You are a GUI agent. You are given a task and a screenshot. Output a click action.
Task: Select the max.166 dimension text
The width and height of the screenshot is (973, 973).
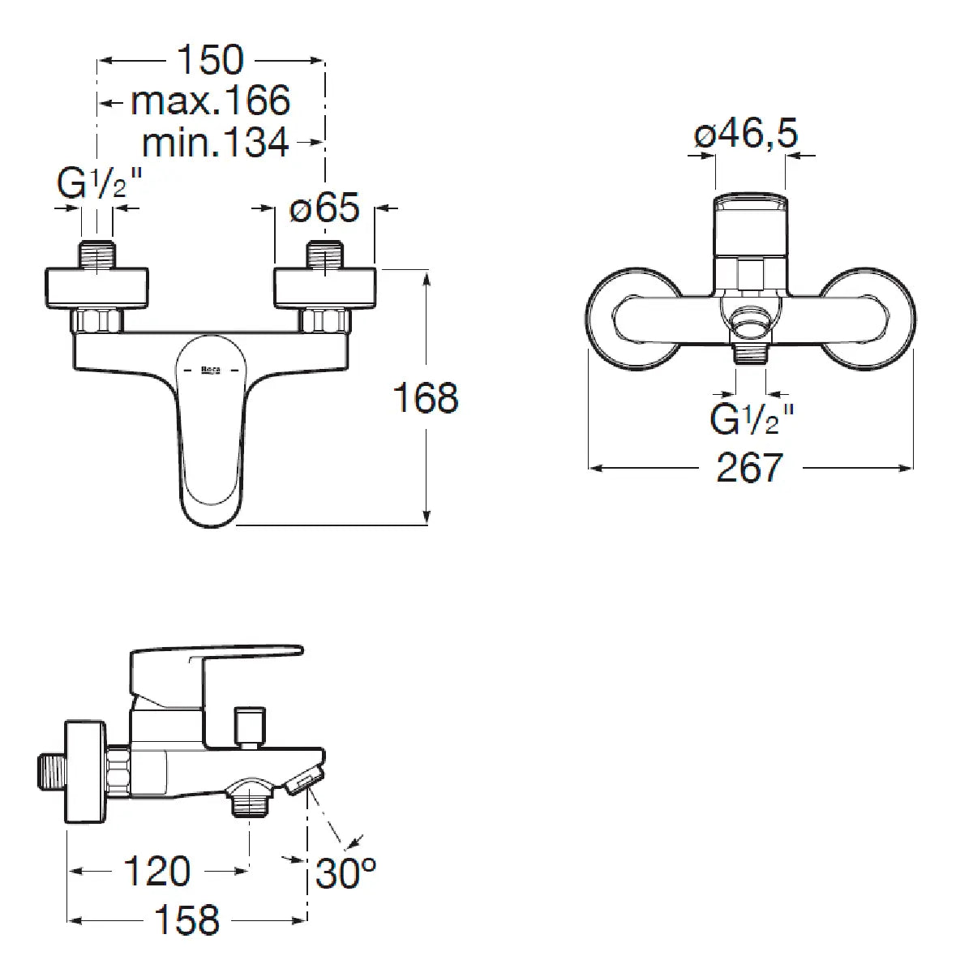[211, 101]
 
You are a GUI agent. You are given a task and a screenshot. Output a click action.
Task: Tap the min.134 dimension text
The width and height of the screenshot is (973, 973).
[216, 143]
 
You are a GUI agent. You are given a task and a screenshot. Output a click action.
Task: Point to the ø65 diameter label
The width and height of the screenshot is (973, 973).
[324, 207]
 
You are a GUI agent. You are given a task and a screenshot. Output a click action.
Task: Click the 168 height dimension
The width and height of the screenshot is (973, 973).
[426, 398]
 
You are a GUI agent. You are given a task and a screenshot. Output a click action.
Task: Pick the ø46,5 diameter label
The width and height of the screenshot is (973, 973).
[746, 133]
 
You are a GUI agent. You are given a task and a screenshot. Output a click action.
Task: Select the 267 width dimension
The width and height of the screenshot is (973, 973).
[750, 468]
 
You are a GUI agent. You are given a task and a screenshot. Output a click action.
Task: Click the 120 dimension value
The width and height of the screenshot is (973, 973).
[157, 871]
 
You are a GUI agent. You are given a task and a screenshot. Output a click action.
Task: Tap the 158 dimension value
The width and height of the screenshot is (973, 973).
[186, 920]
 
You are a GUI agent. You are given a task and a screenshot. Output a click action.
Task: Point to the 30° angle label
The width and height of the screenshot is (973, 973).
[346, 873]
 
